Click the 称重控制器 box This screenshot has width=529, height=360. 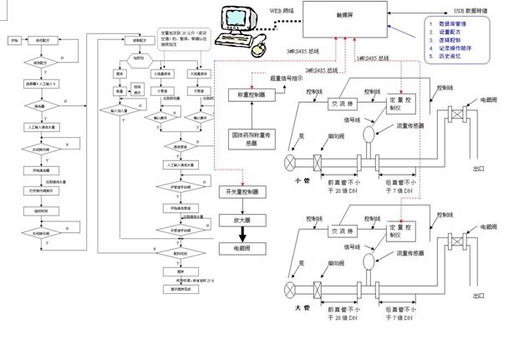tap(252, 96)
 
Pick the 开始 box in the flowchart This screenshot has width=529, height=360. tap(14, 40)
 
